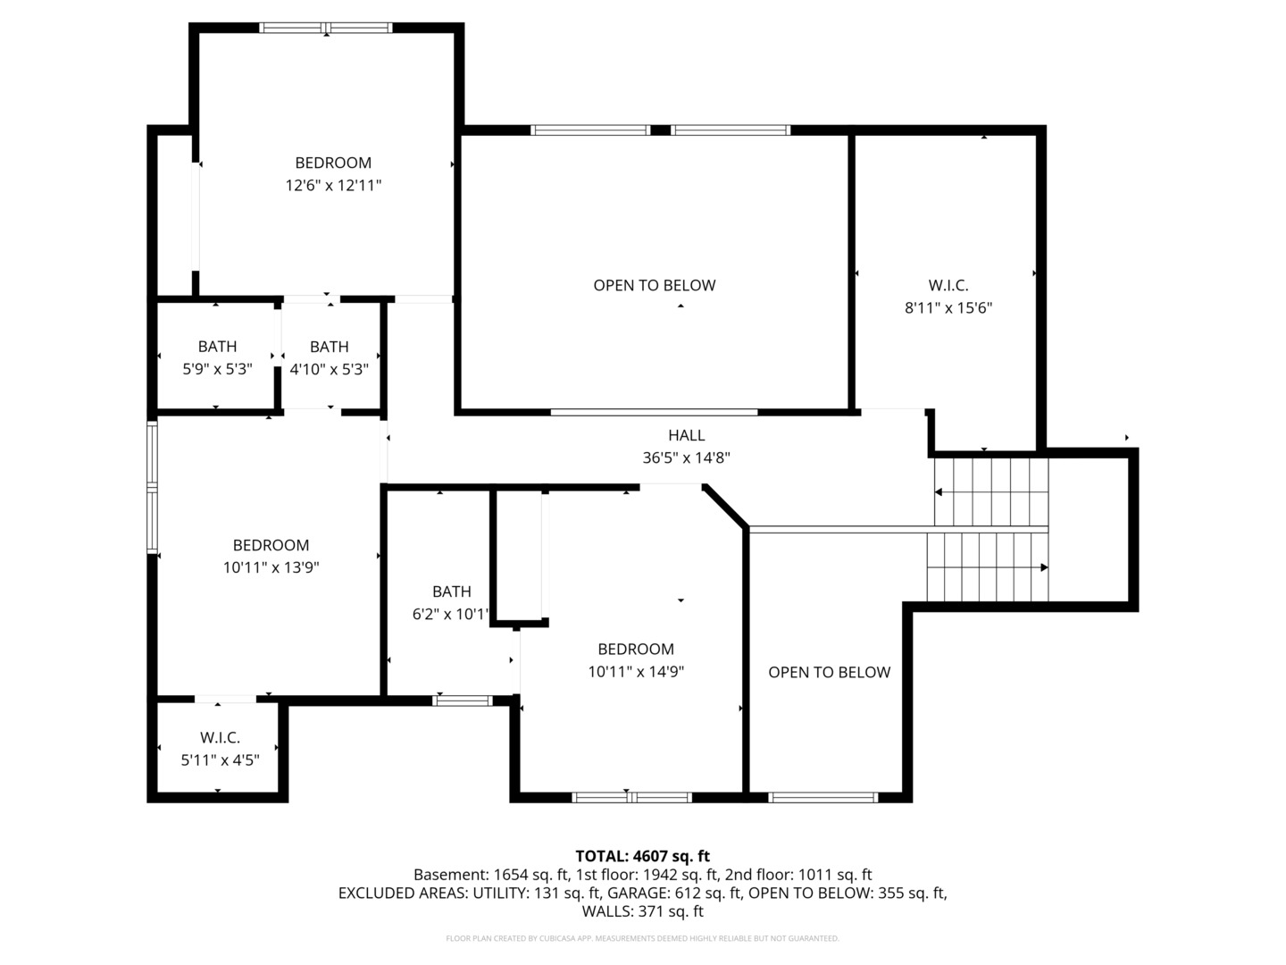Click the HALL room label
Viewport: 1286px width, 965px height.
pyautogui.click(x=686, y=435)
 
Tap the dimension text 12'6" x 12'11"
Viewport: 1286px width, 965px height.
pyautogui.click(x=333, y=186)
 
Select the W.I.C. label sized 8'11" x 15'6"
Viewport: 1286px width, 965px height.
pyautogui.click(x=948, y=286)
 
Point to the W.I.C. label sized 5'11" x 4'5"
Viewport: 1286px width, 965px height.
pyautogui.click(x=220, y=738)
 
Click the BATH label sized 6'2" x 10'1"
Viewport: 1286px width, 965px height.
pyautogui.click(x=451, y=592)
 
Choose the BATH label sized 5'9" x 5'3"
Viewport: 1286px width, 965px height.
pyautogui.click(x=217, y=347)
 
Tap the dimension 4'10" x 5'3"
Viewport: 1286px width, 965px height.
pyautogui.click(x=329, y=369)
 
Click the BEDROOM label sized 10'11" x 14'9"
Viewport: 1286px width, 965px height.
pyautogui.click(x=636, y=650)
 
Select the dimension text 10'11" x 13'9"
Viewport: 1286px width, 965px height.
pyautogui.click(x=271, y=567)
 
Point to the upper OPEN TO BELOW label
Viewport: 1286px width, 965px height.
pyautogui.click(x=654, y=286)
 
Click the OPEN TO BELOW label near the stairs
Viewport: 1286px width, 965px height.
pyautogui.click(x=829, y=673)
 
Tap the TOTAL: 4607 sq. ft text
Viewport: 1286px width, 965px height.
pyautogui.click(x=642, y=857)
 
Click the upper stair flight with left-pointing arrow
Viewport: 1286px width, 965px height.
pyautogui.click(x=990, y=491)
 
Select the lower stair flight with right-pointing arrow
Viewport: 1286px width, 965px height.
pyautogui.click(x=987, y=567)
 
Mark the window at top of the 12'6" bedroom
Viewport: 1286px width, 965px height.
pyautogui.click(x=326, y=28)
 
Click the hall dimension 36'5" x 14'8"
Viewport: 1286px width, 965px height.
pyautogui.click(x=686, y=457)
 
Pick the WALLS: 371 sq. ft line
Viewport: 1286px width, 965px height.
pyautogui.click(x=642, y=911)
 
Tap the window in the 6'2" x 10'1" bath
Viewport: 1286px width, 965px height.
pyautogui.click(x=462, y=701)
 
